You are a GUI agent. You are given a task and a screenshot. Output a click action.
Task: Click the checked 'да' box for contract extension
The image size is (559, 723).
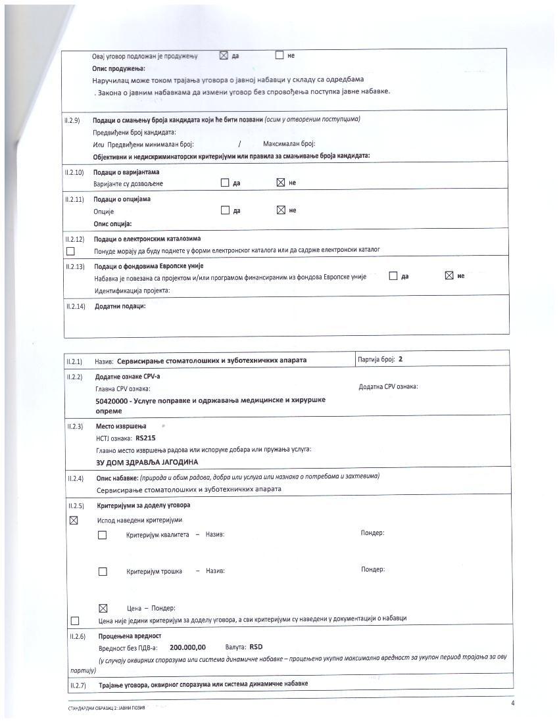pos(223,56)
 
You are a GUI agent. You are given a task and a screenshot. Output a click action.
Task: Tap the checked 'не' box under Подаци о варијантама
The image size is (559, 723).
pos(281,183)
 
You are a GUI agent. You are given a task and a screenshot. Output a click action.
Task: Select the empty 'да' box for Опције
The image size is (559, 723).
pos(225,210)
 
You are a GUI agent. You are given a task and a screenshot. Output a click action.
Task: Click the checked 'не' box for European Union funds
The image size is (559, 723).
pos(449,276)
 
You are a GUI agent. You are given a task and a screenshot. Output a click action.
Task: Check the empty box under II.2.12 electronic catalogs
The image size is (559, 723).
pos(70,250)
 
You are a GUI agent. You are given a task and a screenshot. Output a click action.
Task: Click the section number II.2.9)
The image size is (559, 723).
pos(72,120)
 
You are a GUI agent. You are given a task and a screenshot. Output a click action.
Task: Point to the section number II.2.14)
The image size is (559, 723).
pos(75,306)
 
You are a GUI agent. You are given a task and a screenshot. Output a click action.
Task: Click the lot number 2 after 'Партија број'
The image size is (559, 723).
pos(401,360)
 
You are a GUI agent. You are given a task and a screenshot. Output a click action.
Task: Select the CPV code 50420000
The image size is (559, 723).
pos(112,400)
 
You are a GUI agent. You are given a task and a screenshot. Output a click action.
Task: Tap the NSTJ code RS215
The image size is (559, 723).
pos(146,438)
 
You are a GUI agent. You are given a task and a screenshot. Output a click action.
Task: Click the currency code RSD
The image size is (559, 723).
pos(256,647)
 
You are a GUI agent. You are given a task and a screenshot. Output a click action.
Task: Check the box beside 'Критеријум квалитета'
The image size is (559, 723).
pos(103,535)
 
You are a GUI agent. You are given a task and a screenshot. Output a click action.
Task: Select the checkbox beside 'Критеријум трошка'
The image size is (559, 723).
pos(103,571)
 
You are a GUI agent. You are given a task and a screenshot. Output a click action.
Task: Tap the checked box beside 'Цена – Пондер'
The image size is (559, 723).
pos(103,608)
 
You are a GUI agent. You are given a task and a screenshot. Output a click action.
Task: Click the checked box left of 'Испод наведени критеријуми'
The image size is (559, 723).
pos(74,521)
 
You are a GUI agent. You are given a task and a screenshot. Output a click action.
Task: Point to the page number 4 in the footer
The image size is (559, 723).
pos(513,704)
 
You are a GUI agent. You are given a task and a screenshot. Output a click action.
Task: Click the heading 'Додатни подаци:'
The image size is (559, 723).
pos(120,306)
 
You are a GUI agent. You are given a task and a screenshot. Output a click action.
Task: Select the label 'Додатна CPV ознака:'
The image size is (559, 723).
pos(388,386)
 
